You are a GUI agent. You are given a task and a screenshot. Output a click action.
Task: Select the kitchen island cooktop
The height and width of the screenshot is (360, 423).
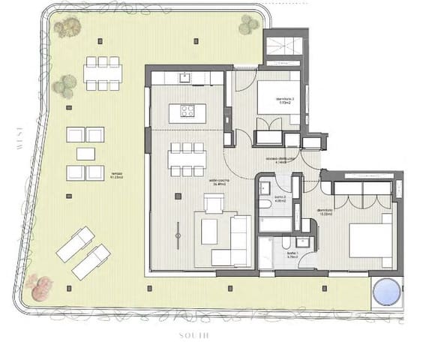tap(187, 112)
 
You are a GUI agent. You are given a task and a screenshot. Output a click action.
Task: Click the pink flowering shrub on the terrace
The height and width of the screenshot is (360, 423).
tap(40, 286)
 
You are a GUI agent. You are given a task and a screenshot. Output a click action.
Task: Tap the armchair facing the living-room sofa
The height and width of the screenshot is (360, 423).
tap(214, 203)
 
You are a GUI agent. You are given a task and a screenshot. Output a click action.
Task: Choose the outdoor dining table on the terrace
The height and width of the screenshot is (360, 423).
tap(103, 73)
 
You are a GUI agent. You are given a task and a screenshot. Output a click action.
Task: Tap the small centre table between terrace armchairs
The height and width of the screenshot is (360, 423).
tap(85, 154)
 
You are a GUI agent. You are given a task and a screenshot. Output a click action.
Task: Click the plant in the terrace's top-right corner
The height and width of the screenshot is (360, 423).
tap(249, 25)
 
